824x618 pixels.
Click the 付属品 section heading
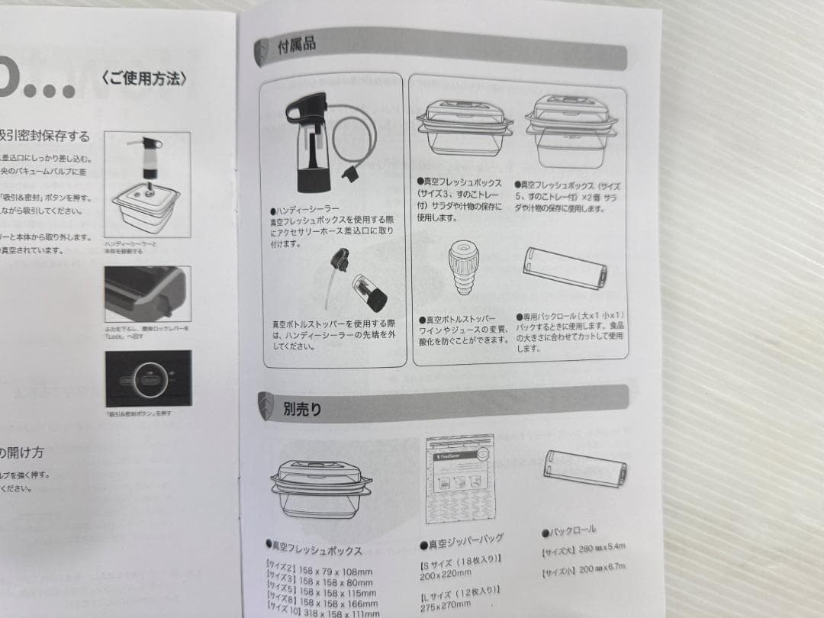[297, 46]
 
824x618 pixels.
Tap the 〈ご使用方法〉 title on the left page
[143, 78]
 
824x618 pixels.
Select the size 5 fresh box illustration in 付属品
[571, 130]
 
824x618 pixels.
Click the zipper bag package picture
[460, 478]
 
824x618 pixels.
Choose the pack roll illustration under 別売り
[585, 468]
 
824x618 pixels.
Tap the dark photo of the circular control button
[148, 378]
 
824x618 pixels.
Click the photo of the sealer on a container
[146, 183]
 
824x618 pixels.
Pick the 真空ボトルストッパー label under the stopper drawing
[461, 319]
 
